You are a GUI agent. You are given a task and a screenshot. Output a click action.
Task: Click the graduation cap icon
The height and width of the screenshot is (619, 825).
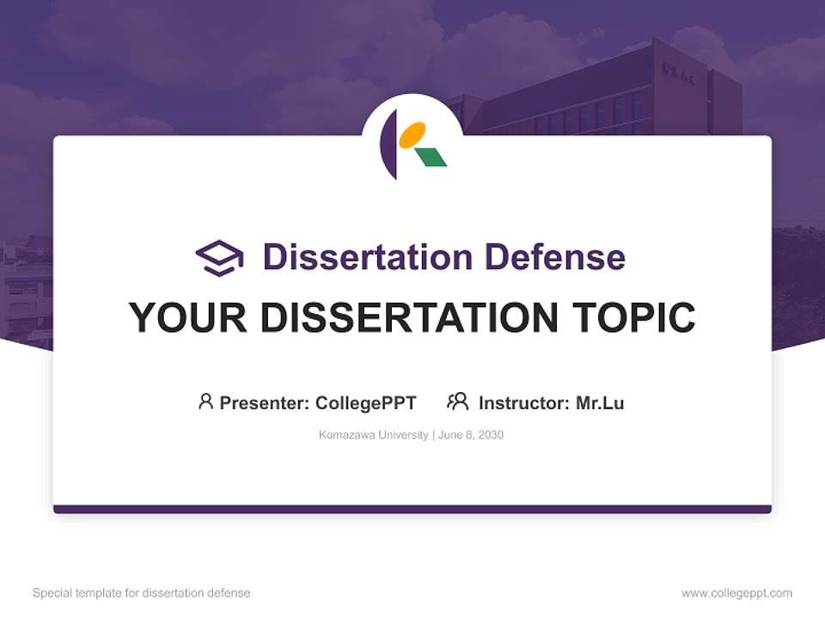pos(219,257)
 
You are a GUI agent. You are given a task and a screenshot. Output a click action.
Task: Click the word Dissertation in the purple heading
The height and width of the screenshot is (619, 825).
pos(367,257)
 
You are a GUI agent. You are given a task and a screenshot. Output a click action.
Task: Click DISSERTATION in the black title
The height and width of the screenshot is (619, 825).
pos(408,317)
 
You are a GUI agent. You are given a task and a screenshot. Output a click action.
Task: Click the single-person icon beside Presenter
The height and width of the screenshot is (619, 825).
pos(205,401)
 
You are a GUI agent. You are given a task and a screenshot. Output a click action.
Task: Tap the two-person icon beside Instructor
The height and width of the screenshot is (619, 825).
pos(457,401)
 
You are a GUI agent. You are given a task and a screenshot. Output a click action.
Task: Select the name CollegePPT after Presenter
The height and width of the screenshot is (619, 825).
pos(365,403)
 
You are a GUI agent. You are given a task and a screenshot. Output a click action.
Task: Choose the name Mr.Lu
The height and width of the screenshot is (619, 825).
pos(600,403)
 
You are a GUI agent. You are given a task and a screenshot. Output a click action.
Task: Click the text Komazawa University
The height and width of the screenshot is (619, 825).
pos(373,435)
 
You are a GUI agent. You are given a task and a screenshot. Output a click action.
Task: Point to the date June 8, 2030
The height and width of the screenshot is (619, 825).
pos(471,435)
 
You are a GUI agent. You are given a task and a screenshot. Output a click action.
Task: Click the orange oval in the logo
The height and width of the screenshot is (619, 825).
pos(412,134)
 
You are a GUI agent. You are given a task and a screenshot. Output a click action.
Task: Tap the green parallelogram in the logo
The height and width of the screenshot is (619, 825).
pos(431,156)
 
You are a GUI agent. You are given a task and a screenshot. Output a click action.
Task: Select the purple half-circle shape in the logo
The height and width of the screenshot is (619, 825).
pos(388,144)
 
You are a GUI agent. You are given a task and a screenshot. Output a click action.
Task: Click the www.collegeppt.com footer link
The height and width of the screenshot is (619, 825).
pos(736,593)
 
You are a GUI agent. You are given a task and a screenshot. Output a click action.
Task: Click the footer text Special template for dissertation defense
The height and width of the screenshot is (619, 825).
pos(141,593)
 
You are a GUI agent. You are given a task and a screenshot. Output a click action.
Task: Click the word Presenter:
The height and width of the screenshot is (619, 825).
pos(265,403)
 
